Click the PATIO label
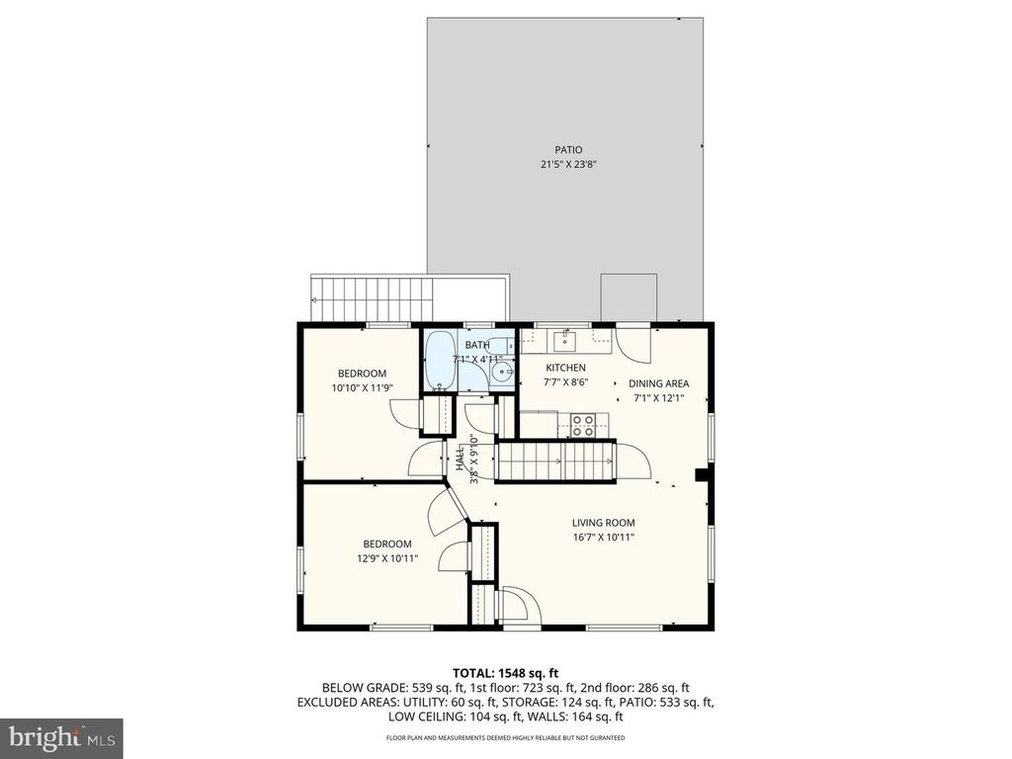568,150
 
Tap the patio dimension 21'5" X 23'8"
568,165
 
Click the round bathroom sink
502,372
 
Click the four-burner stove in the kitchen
583,426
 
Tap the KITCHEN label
566,368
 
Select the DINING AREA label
659,383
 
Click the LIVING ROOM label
604,523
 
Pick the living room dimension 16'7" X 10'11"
604,538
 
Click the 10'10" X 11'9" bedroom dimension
362,388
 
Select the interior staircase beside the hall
555,461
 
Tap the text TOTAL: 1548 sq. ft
505,673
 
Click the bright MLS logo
61,735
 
